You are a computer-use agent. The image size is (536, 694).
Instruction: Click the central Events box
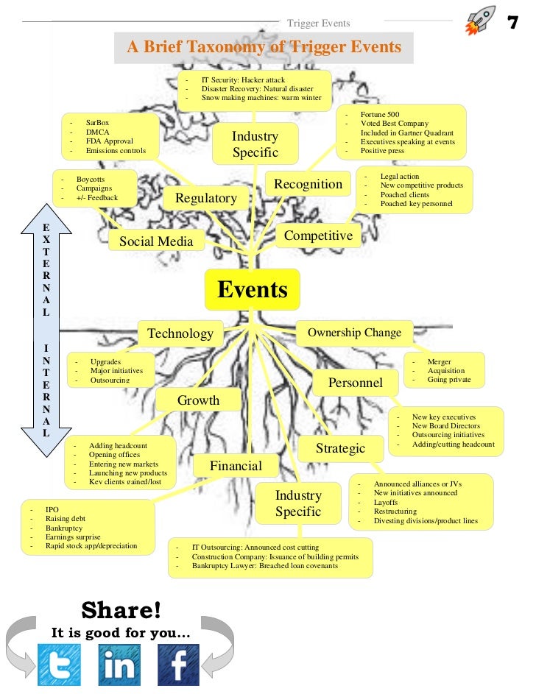(x=253, y=289)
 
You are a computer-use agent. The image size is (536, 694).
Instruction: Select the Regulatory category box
(x=205, y=198)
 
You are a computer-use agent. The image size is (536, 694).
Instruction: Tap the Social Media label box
(x=156, y=241)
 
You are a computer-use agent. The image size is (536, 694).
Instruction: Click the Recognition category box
(x=308, y=184)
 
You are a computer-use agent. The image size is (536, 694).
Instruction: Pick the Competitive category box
(x=318, y=236)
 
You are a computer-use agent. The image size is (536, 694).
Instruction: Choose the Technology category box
(x=180, y=333)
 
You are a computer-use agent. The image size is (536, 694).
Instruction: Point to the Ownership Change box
(x=354, y=333)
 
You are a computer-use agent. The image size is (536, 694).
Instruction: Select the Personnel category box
(x=356, y=383)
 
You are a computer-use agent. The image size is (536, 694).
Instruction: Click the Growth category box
(x=198, y=400)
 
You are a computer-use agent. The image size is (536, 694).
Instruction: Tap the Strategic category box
(x=340, y=448)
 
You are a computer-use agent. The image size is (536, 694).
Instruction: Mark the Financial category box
(x=236, y=466)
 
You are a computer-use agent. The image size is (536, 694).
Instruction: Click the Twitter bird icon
(x=60, y=665)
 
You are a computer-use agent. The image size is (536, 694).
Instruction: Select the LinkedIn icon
(x=119, y=665)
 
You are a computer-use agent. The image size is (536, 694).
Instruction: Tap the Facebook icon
(x=178, y=665)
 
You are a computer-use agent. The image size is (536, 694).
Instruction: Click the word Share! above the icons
(x=120, y=610)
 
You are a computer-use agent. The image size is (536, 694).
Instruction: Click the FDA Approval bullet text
(x=109, y=141)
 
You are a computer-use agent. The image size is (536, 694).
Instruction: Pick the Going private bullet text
(x=448, y=380)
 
